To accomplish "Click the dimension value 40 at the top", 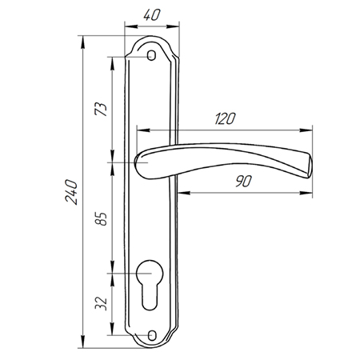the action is click(152, 15).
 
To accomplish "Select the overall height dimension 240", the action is click(71, 192).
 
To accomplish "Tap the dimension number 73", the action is click(101, 109).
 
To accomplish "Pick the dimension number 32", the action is click(101, 303).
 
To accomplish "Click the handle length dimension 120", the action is click(225, 118).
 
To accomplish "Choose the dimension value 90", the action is click(243, 182).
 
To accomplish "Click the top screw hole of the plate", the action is click(152, 56).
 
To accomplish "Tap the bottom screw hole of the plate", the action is click(152, 335).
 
